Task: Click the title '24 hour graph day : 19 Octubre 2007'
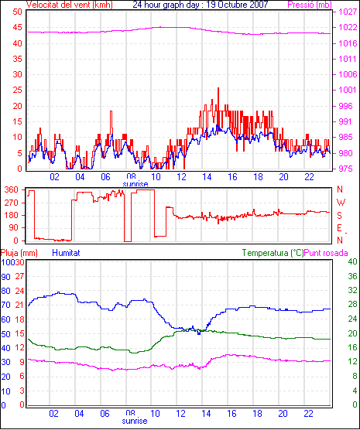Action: coord(201,5)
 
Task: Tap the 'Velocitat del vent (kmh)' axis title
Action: coord(69,5)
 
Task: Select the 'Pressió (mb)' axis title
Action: coord(310,5)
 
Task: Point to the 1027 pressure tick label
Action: coord(348,12)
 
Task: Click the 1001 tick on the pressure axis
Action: coord(348,90)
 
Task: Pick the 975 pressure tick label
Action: coord(348,169)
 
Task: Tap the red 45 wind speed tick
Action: coord(17,27)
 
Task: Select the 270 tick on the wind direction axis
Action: coord(12,203)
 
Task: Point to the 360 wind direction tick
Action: coord(12,190)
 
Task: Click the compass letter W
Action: coord(341,203)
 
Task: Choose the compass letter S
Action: coord(340,216)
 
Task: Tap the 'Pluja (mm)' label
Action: coord(19,253)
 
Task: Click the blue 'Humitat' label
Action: coord(66,253)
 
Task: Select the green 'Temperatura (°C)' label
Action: coord(273,253)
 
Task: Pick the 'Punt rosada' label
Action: coord(326,253)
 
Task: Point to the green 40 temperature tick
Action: coord(352,261)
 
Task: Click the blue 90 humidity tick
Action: coord(5,277)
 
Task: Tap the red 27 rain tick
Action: coord(19,276)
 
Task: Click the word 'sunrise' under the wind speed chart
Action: coord(135,184)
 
